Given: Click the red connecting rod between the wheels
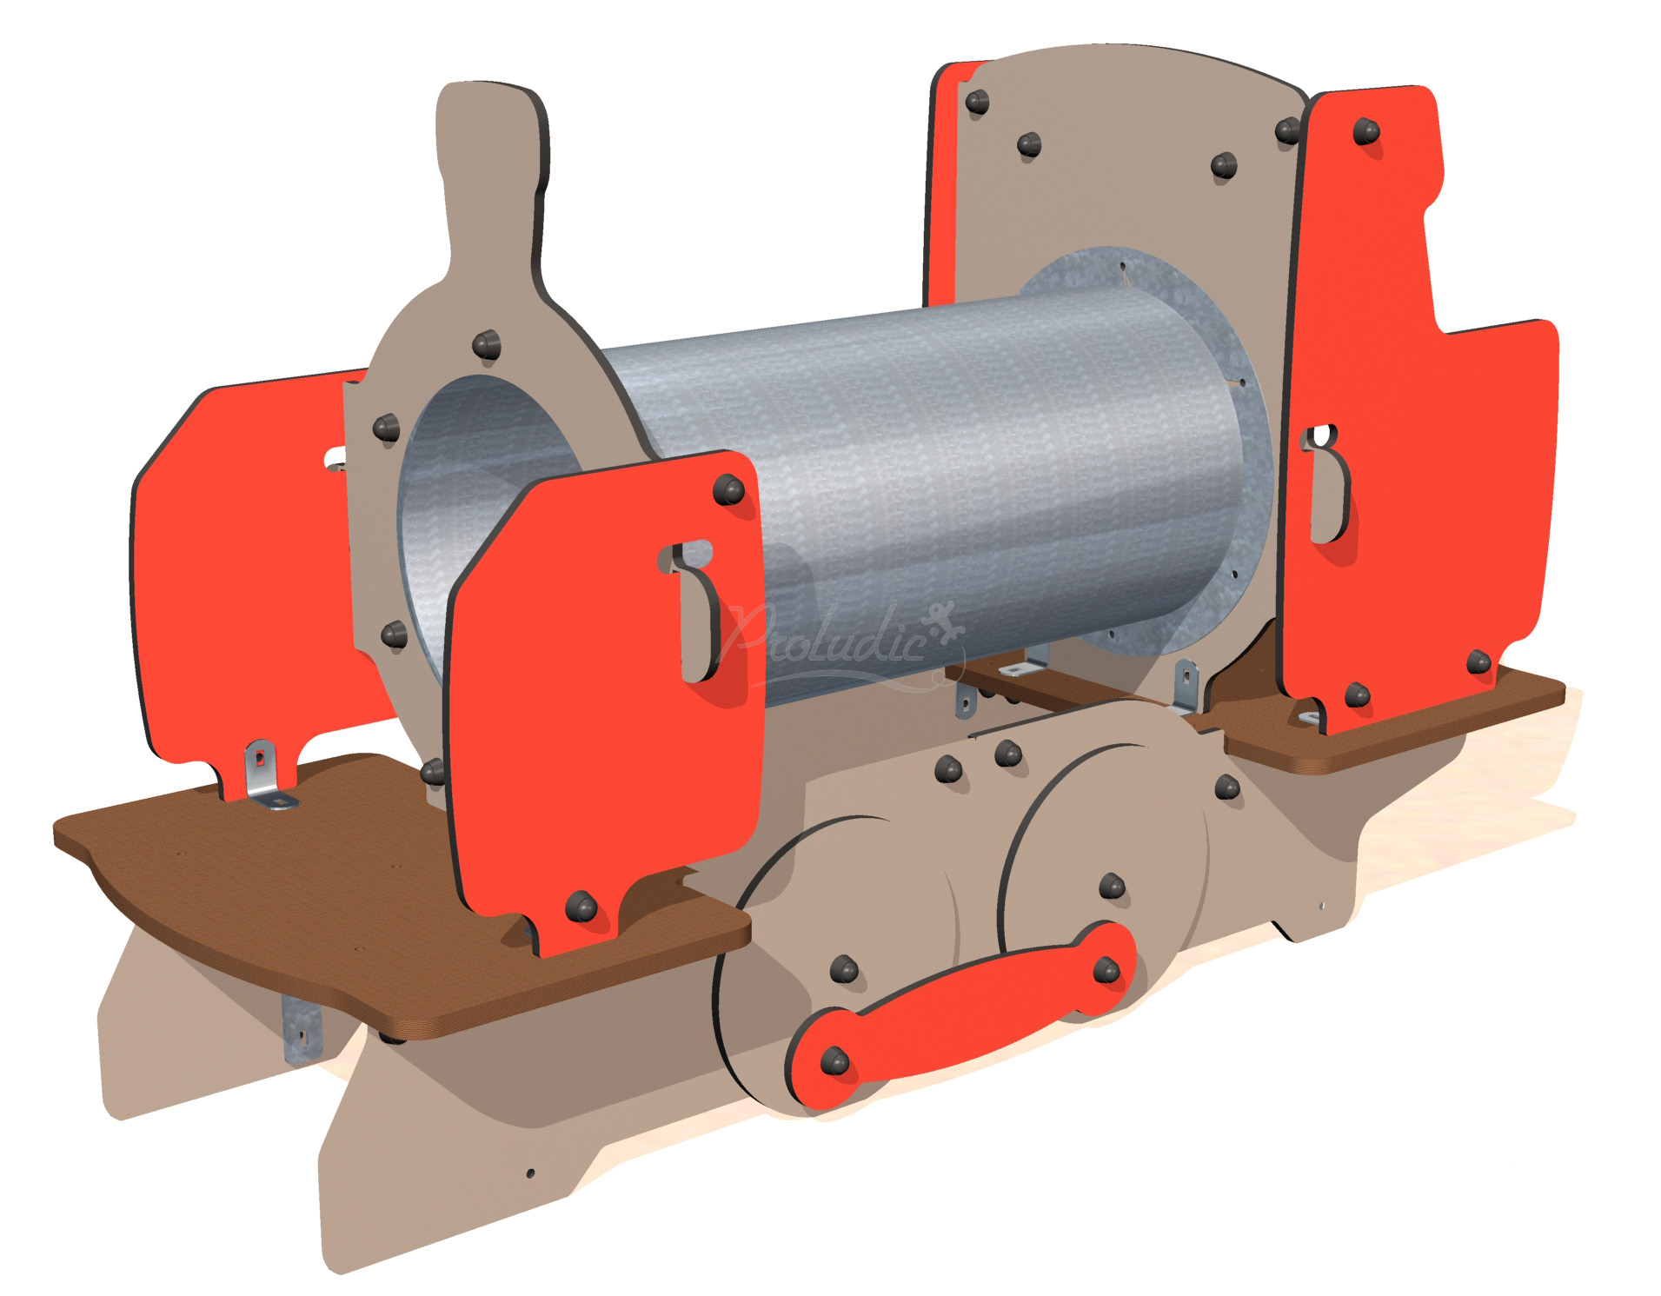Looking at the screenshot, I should tap(965, 1008).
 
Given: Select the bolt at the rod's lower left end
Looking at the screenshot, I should tap(834, 1060).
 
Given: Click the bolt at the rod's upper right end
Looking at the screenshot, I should tap(1106, 969).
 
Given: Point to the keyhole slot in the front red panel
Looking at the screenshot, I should tap(695, 608).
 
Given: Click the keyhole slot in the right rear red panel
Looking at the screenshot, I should tap(1326, 482).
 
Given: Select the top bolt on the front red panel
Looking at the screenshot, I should tap(728, 490).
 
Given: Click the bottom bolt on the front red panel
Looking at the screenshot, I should tap(580, 907).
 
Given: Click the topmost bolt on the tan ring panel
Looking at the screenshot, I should tap(486, 345).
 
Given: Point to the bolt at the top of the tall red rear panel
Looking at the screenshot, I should tap(1365, 132).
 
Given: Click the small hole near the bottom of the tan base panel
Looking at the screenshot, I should tap(530, 1173).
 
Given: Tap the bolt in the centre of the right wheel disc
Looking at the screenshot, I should tap(1112, 887).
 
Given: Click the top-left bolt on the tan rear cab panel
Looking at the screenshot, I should tap(977, 103).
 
